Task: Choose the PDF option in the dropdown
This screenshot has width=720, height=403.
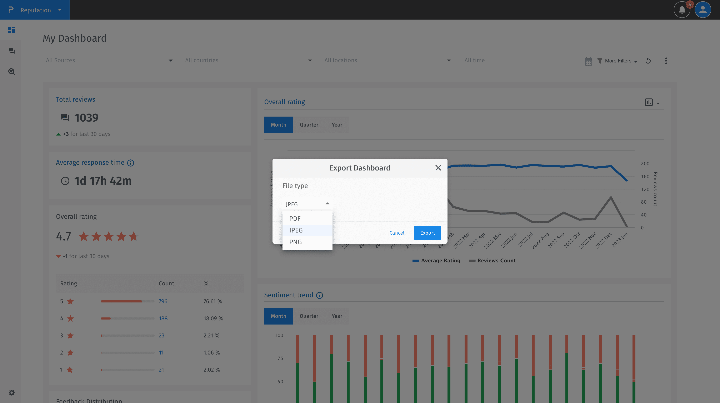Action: pos(295,219)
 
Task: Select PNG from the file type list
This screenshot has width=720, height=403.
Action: pos(295,242)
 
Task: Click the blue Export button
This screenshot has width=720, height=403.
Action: pos(427,233)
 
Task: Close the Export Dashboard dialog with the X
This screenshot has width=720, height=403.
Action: pos(438,168)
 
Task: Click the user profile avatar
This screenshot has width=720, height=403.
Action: pos(703,10)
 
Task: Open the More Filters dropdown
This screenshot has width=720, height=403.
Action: pos(617,61)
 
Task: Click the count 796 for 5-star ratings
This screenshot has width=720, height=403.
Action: pos(163,301)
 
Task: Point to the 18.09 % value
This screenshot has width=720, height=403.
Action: pos(213,318)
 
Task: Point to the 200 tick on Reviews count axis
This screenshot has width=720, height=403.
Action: pos(645,164)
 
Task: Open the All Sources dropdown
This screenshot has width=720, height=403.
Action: pos(109,60)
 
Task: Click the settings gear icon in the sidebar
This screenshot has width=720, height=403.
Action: pos(11,392)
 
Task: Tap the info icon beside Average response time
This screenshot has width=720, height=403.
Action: pos(131,163)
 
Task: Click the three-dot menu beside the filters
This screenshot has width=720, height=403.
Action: pos(666,61)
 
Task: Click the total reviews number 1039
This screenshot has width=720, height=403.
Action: pos(86,118)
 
